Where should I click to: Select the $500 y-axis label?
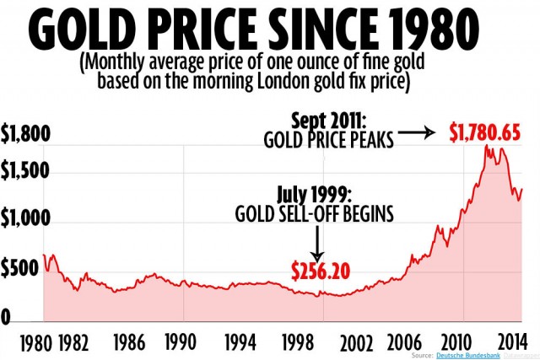point(21,270)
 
